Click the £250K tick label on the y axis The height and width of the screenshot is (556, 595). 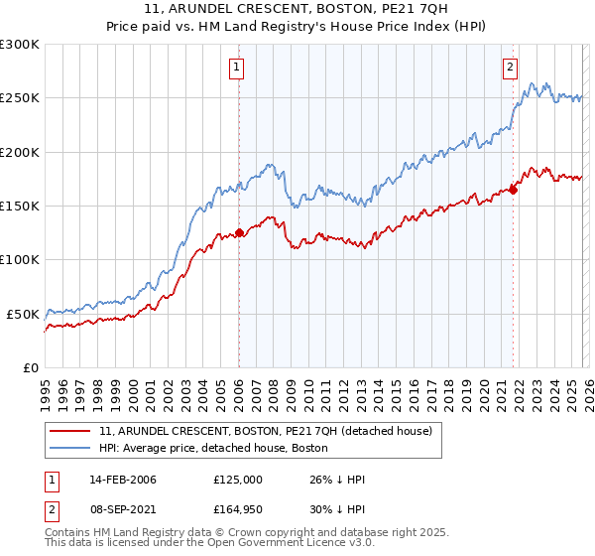(20, 98)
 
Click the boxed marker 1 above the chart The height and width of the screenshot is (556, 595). (238, 68)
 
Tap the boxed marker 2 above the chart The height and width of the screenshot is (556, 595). (510, 68)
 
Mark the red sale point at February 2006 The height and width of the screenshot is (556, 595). (239, 233)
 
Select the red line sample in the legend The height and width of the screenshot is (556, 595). (69, 432)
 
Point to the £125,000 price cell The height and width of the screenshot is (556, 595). (238, 480)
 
